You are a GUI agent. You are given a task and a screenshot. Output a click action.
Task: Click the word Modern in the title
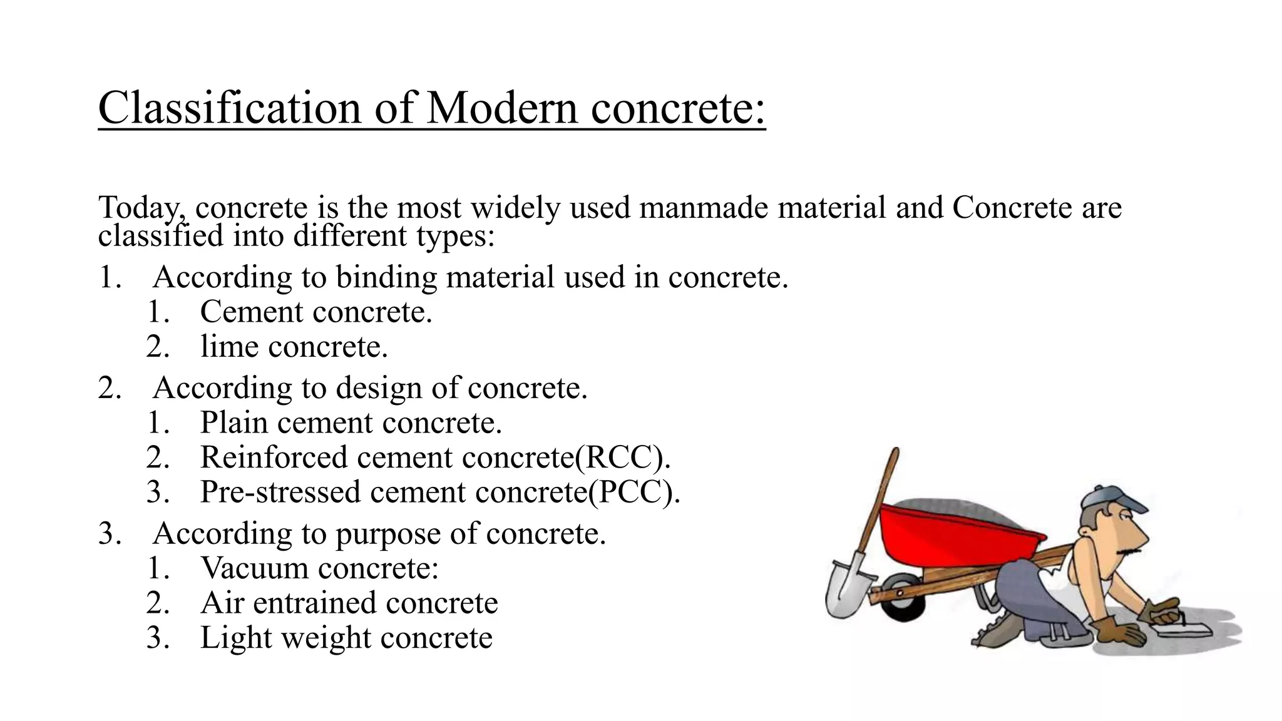point(502,108)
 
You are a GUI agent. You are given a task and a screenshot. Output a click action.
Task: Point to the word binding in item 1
point(386,277)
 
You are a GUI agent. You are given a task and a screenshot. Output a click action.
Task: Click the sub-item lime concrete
point(294,346)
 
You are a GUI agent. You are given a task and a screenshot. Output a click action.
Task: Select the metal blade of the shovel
point(848,585)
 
